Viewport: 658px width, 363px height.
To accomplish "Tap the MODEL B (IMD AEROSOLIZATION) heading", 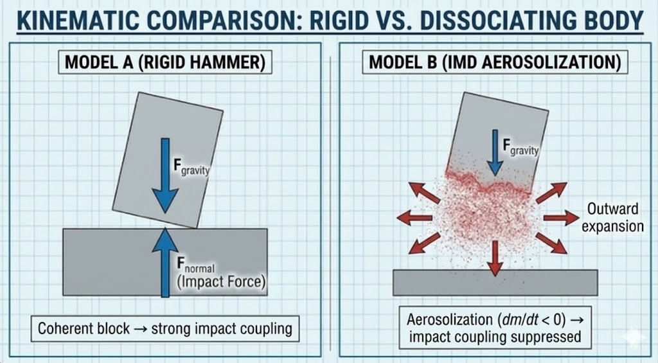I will pos(494,63).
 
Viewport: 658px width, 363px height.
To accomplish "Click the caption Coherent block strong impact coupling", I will pos(165,329).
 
